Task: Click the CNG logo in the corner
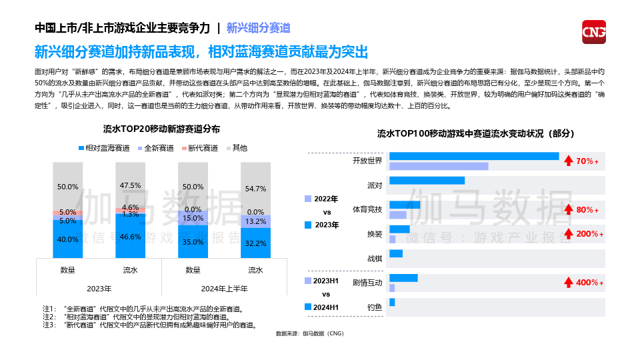point(593,32)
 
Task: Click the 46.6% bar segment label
point(130,237)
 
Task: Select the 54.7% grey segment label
point(255,189)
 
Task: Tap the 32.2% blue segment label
point(255,243)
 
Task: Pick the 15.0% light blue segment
point(193,218)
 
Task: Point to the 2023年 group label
point(99,289)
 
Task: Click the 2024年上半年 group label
point(225,289)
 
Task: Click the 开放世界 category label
point(367,161)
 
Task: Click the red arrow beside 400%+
point(569,283)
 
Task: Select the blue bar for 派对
point(427,180)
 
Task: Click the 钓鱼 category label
point(375,307)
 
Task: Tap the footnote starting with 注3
point(150,325)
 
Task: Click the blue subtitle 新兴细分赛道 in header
point(259,28)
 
